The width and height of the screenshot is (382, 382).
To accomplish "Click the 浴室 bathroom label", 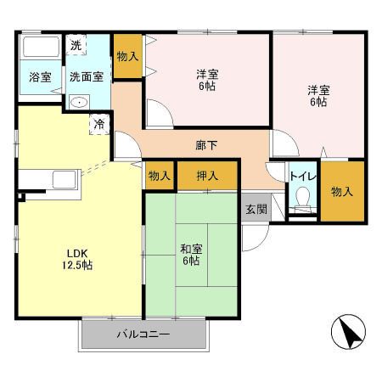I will click(x=40, y=76).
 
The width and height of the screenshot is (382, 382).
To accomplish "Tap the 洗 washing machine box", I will click(x=76, y=45).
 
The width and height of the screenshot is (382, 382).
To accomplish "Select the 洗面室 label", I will click(x=87, y=76).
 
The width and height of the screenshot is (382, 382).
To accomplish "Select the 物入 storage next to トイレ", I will click(x=342, y=192).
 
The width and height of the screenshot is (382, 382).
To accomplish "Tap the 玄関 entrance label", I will click(x=256, y=209).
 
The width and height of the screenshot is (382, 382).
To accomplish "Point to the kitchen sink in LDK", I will click(x=63, y=181).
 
